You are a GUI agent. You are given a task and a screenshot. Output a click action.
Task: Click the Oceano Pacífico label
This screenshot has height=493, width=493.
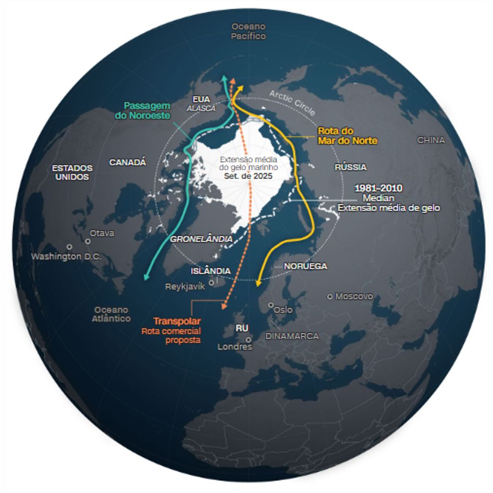click(x=248, y=31)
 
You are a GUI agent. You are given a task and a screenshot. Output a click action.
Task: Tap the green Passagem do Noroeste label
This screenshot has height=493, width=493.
click(x=147, y=110)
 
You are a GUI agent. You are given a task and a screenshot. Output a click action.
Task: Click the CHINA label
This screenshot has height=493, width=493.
click(x=431, y=141)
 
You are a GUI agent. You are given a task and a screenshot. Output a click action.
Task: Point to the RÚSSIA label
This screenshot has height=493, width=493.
click(x=351, y=168)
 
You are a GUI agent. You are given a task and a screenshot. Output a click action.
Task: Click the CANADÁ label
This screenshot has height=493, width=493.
click(x=128, y=162)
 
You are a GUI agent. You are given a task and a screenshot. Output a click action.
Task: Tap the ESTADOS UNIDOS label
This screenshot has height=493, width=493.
click(x=72, y=173)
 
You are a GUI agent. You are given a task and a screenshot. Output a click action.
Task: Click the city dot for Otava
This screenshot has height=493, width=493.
click(x=88, y=241)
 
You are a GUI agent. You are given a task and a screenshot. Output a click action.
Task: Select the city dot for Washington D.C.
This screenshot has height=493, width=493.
click(x=70, y=246)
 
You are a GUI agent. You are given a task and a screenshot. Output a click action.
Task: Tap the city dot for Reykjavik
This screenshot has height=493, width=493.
click(x=211, y=283)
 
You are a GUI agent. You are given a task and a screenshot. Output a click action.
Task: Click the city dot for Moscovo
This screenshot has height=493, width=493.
click(x=330, y=296)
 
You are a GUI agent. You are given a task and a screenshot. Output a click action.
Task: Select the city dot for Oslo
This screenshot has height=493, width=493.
click(x=270, y=305)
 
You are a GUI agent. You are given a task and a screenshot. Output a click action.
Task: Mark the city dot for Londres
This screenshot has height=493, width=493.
click(x=249, y=339)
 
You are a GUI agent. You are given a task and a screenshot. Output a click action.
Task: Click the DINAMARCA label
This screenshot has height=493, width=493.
click(x=292, y=336)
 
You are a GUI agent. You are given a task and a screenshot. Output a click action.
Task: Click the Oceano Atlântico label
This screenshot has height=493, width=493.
click(x=111, y=314)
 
